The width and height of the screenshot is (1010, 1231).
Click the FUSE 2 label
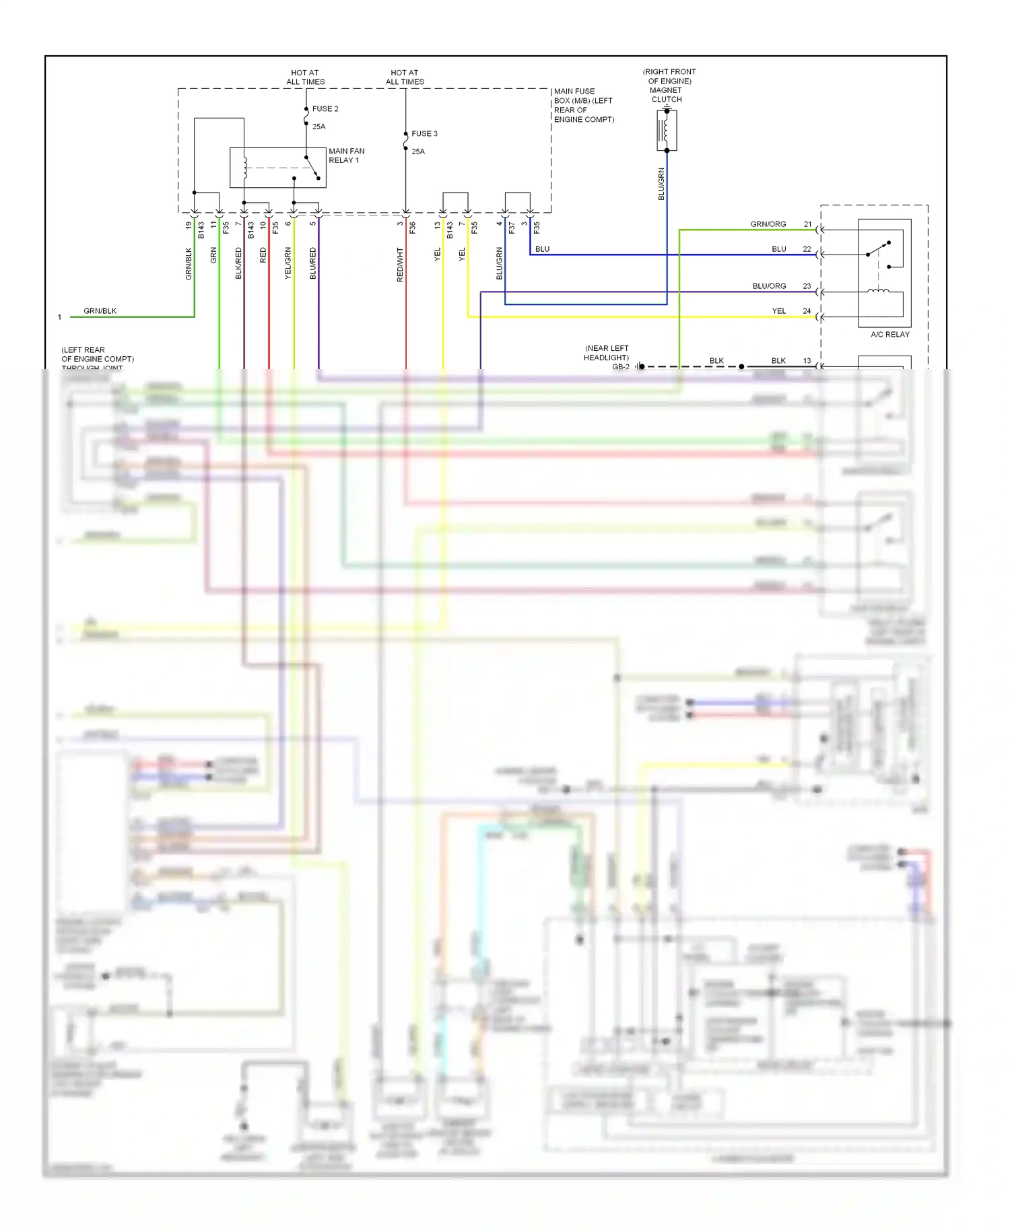tap(325, 108)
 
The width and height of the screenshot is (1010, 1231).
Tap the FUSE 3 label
tap(424, 133)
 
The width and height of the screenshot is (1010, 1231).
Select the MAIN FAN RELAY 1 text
tap(346, 156)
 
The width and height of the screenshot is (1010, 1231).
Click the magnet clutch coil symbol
tap(666, 130)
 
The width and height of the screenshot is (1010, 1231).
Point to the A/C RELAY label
tap(889, 334)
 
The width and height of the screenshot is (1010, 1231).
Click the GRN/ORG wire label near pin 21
tap(768, 224)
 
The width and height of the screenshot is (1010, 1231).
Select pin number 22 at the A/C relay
tap(807, 249)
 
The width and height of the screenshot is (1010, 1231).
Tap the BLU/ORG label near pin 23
tap(769, 286)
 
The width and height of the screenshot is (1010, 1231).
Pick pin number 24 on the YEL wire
tap(807, 311)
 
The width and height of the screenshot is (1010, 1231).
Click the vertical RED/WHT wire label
tap(400, 264)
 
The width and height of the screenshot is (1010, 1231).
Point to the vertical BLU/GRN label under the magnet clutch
tap(661, 184)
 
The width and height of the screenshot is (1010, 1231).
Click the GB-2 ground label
tap(620, 367)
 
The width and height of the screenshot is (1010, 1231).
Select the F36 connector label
tap(413, 228)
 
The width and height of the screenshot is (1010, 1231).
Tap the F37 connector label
tap(512, 228)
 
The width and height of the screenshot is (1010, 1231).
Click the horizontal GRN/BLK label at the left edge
tap(100, 311)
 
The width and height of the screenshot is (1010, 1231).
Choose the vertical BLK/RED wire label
tap(238, 263)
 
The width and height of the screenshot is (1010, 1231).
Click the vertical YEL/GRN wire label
tap(288, 263)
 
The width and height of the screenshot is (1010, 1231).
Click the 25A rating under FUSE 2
tap(318, 127)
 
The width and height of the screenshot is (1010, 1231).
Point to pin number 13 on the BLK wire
tap(807, 361)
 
